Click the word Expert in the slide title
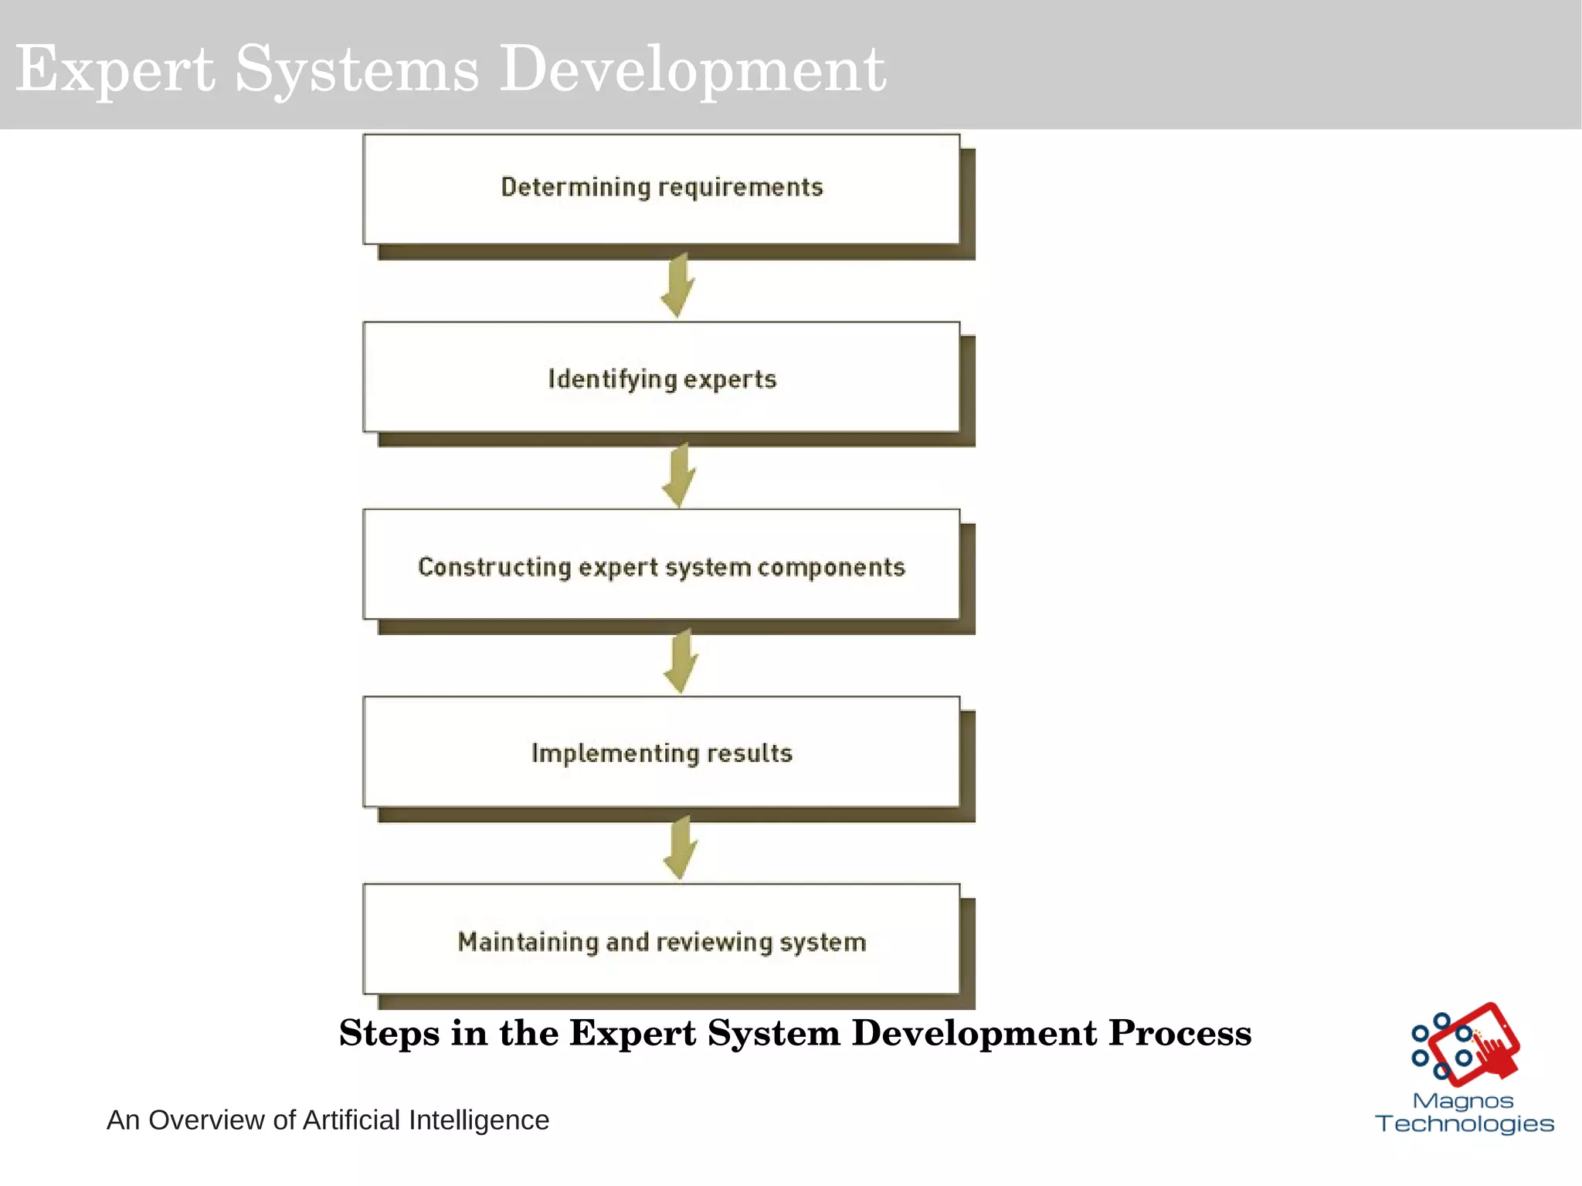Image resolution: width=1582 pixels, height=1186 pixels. point(115,70)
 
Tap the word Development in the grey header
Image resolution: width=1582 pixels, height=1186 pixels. point(693,70)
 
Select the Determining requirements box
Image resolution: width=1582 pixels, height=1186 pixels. point(661,189)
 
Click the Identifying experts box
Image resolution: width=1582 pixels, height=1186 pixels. point(661,377)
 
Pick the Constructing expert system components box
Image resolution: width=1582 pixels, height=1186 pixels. point(661,565)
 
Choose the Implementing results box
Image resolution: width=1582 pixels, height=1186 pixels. point(661,752)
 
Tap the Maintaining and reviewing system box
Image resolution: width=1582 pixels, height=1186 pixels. point(661,940)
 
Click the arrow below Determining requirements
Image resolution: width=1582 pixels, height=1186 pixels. point(677,284)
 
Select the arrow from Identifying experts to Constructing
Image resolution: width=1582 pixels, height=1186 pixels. point(679,474)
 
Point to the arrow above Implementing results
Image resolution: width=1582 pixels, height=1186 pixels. point(681,661)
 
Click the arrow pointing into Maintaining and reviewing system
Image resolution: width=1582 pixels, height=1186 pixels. point(681,848)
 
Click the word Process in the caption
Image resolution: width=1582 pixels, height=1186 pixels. point(1180,1033)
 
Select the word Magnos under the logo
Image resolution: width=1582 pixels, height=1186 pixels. point(1463,1101)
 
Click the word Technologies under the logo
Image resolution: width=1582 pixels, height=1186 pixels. point(1465,1123)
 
